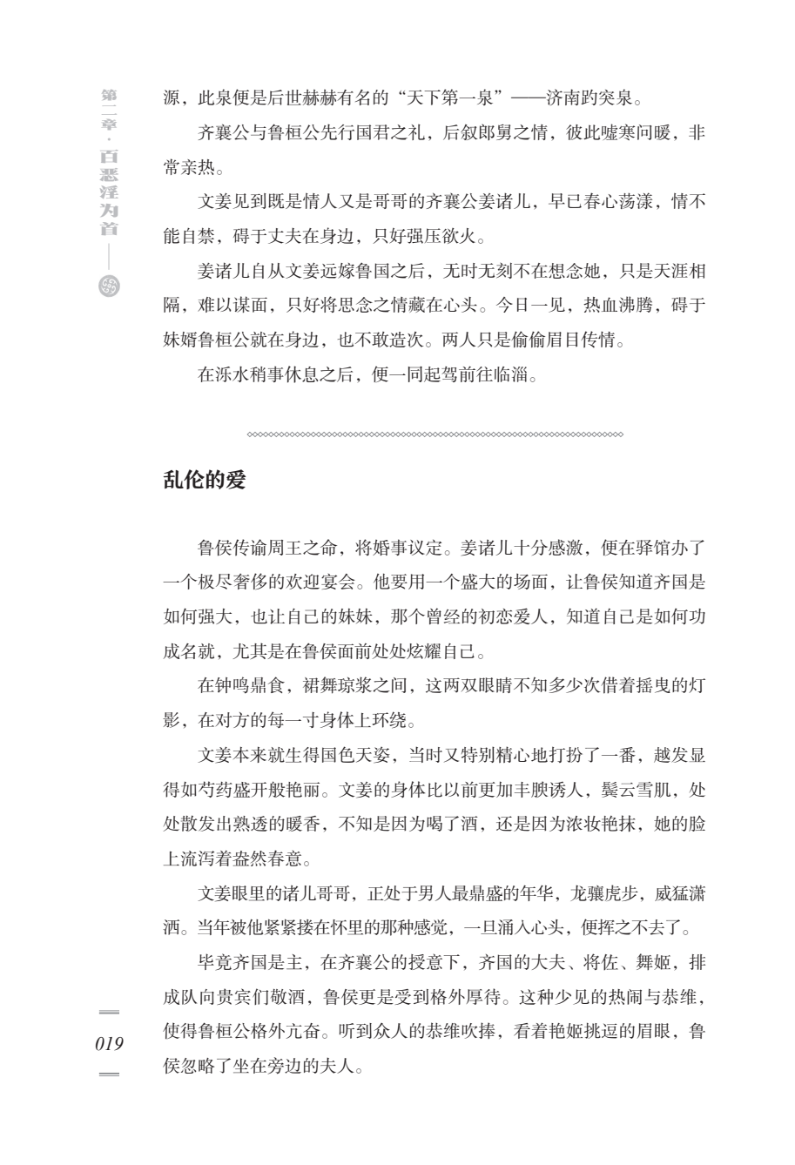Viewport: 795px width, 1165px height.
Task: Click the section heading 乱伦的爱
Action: (x=205, y=480)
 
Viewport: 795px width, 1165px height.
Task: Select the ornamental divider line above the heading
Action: (x=435, y=434)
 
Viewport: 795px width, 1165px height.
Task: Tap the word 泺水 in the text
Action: (x=226, y=376)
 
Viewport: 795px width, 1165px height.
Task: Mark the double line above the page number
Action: (x=110, y=1011)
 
